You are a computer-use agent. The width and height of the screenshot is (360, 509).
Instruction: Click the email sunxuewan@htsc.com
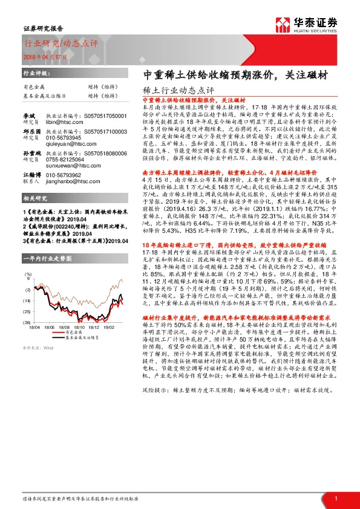click(68, 164)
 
